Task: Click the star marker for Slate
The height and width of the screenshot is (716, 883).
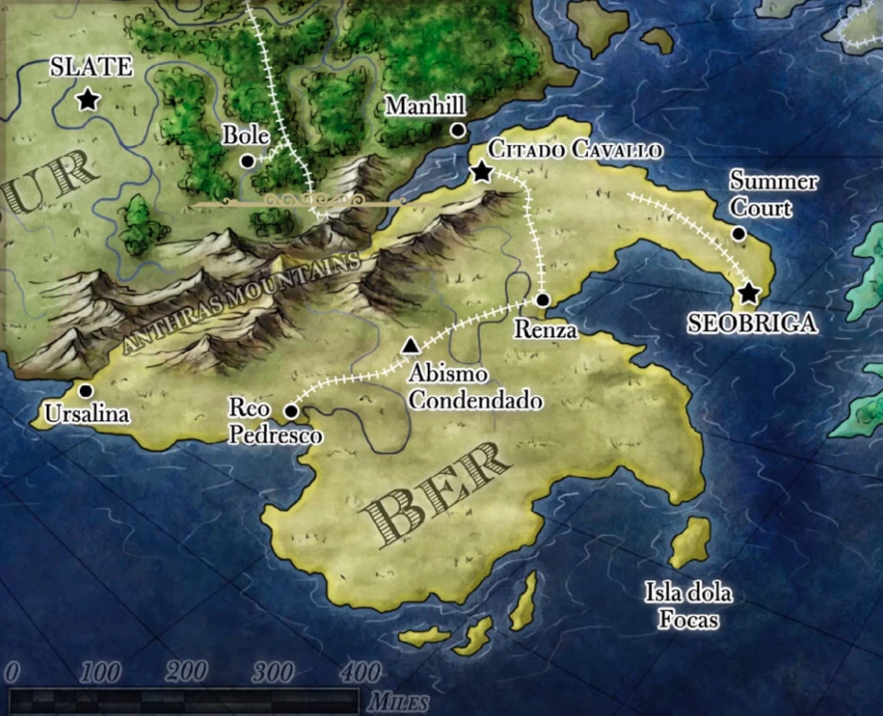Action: (x=87, y=99)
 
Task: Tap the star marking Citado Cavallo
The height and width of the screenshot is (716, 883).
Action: (x=482, y=172)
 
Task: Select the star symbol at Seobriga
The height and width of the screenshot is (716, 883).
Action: (x=748, y=292)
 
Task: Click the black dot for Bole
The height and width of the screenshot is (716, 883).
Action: (x=247, y=160)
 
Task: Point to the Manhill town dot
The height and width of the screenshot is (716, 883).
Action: (x=458, y=130)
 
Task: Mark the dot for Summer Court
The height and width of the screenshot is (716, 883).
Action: (x=739, y=234)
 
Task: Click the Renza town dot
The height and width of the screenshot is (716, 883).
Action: (x=542, y=300)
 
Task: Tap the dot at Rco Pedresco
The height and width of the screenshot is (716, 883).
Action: (x=291, y=411)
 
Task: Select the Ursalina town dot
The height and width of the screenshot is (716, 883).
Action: (x=85, y=390)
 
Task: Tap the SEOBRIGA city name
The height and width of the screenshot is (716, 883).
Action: (x=753, y=323)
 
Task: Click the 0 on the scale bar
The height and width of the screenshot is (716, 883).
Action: (x=12, y=672)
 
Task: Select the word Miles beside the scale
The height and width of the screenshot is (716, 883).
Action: (x=397, y=701)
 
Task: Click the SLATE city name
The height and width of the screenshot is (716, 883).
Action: (x=91, y=67)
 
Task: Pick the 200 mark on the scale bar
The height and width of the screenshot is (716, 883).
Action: (x=188, y=672)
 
